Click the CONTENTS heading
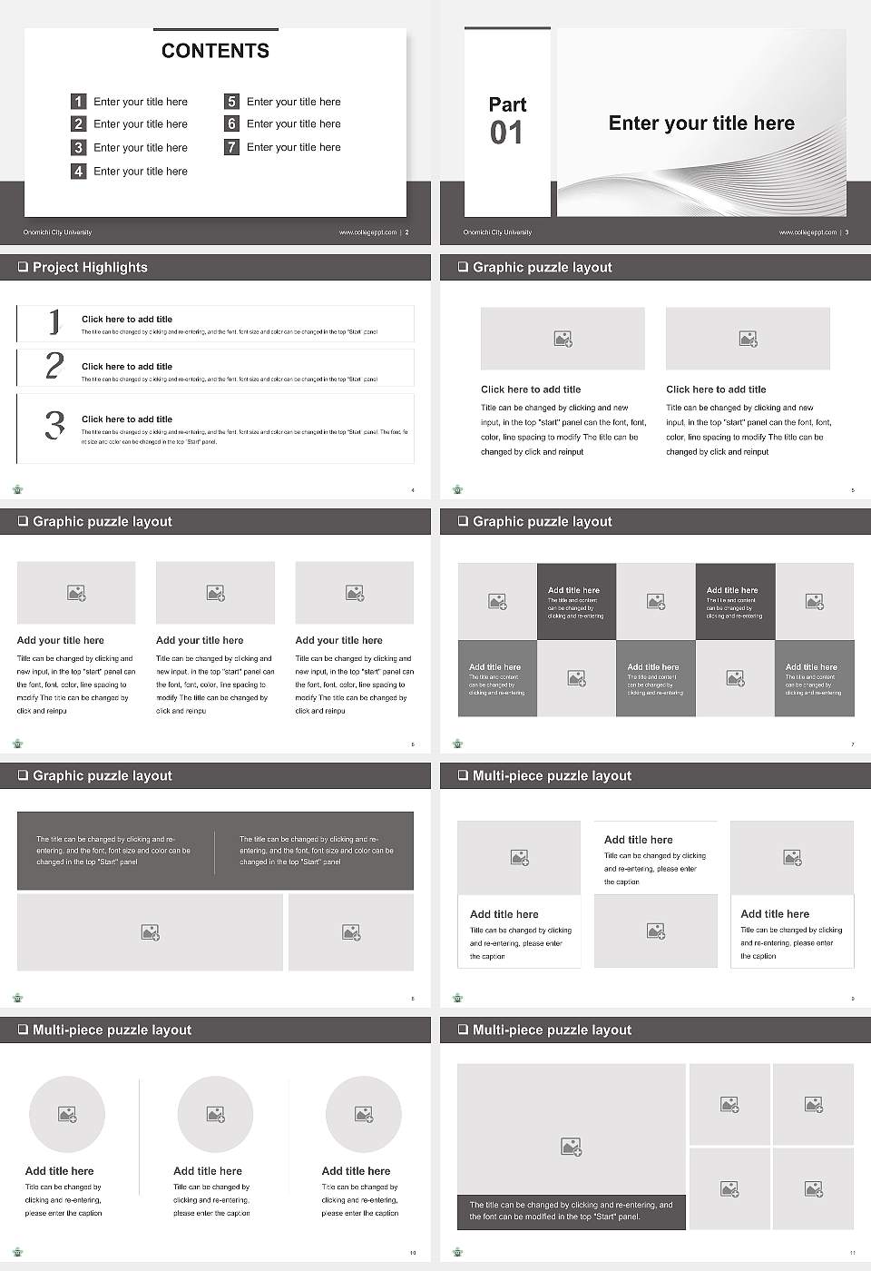click(x=215, y=51)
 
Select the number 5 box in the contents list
click(x=231, y=102)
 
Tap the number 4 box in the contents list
click(x=79, y=171)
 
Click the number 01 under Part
click(x=506, y=133)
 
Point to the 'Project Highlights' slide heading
click(x=90, y=267)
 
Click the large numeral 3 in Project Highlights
click(x=55, y=425)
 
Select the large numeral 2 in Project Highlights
click(x=54, y=366)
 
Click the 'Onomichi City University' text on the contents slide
click(x=57, y=232)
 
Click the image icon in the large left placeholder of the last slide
click(x=571, y=1148)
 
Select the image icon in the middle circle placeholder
click(x=215, y=1114)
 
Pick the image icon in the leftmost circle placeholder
click(x=67, y=1114)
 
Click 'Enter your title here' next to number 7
click(x=293, y=147)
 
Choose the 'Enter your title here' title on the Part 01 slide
click(x=701, y=123)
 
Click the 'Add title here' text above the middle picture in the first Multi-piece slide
click(x=639, y=840)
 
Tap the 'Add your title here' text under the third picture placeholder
click(x=338, y=640)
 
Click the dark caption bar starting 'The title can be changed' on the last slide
click(x=571, y=1211)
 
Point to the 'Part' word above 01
click(x=507, y=104)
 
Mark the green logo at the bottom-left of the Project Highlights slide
click(x=17, y=489)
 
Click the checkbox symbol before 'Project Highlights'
click(x=23, y=267)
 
